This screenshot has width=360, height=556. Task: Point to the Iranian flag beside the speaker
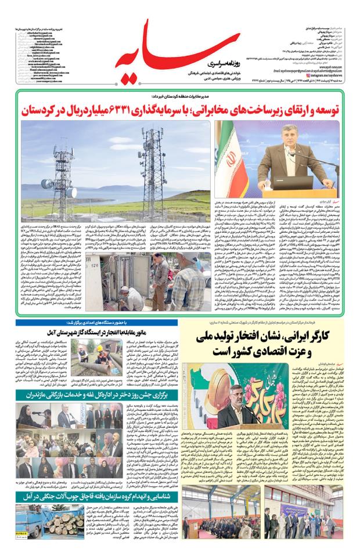226,160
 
